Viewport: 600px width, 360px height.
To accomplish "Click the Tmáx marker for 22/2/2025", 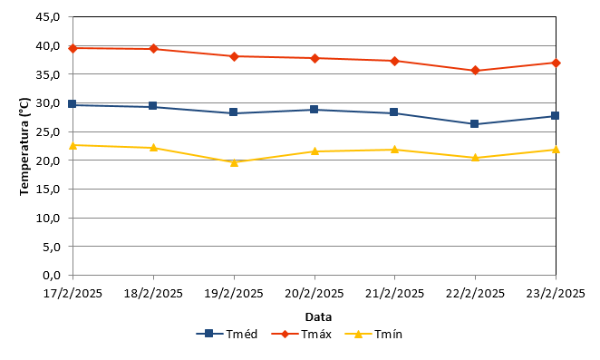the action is [475, 71].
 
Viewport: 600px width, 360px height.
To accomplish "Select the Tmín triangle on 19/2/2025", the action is [234, 162].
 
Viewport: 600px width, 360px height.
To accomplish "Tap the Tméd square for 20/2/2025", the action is [315, 110].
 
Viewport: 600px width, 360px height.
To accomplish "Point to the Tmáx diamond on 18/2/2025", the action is [153, 49].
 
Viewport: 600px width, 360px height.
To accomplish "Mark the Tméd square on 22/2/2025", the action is [475, 123].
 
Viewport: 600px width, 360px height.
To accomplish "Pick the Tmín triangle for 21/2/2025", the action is [394, 150].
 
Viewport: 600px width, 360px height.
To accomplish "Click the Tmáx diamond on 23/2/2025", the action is [556, 63].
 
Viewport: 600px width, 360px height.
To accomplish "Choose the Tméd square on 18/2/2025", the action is [152, 106].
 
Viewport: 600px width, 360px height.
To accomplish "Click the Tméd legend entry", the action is [227, 334].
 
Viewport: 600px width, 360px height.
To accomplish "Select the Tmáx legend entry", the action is [301, 334].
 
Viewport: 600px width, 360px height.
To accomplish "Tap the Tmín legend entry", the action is [373, 334].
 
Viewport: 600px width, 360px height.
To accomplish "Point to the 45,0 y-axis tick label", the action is [48, 17].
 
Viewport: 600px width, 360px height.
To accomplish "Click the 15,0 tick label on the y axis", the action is [48, 190].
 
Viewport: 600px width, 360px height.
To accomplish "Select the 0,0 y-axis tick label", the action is [52, 276].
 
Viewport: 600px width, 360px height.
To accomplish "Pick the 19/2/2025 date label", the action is [234, 294].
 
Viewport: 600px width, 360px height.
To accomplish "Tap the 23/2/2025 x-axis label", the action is [556, 294].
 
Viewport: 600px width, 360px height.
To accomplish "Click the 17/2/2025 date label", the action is [73, 294].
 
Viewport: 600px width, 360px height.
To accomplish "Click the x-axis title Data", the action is [318, 317].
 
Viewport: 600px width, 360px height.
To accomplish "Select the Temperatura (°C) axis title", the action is [24, 146].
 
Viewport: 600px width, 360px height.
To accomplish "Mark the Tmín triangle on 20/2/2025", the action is [315, 151].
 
